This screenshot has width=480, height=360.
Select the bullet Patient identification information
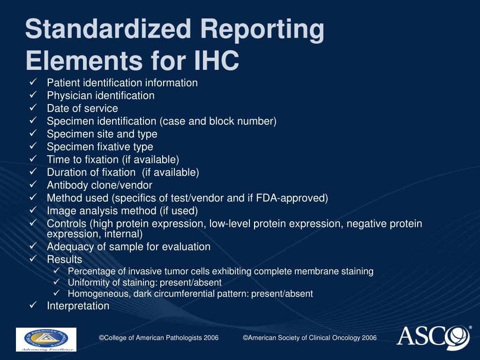click(122, 83)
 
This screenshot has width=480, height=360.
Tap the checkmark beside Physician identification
click(33, 95)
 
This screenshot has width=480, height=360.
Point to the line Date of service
click(82, 108)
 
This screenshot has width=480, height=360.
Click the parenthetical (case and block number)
click(218, 121)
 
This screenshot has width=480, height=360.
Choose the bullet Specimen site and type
click(102, 134)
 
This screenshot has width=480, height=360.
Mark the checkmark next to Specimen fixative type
click(33, 146)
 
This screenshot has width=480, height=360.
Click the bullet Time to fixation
click(112, 159)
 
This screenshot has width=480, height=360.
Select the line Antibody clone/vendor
click(99, 185)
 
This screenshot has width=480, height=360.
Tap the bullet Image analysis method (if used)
click(122, 211)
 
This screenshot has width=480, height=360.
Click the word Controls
click(67, 224)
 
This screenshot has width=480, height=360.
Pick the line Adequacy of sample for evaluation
click(128, 247)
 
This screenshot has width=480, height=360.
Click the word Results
click(64, 260)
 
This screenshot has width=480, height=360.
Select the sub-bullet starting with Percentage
click(220, 271)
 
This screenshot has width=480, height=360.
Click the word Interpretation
click(78, 306)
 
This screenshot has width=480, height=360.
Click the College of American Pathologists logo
click(46, 339)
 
